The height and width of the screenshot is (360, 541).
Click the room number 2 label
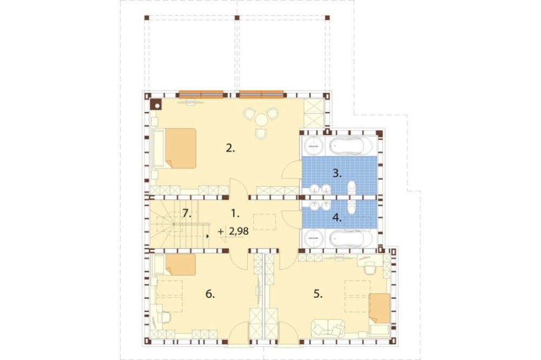[230, 149]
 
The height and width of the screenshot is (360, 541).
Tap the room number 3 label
[337, 174]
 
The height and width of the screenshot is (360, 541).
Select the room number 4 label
[337, 218]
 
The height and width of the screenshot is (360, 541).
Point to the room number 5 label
[318, 294]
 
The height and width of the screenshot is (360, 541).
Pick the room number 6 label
[210, 294]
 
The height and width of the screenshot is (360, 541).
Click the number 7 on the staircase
[187, 214]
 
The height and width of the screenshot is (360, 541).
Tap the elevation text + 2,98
[233, 231]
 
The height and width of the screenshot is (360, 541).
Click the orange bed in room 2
[181, 148]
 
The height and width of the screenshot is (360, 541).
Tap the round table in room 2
[261, 120]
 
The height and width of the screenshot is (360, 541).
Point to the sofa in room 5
[328, 329]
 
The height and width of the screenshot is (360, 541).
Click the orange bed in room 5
[380, 308]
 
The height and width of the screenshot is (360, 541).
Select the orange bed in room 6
[181, 265]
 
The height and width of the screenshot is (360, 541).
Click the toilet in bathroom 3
[351, 188]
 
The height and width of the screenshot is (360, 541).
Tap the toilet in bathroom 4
[351, 206]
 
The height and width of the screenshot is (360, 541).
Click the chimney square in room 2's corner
[156, 104]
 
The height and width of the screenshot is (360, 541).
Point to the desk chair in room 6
[165, 317]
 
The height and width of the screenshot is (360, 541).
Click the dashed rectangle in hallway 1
[265, 222]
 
